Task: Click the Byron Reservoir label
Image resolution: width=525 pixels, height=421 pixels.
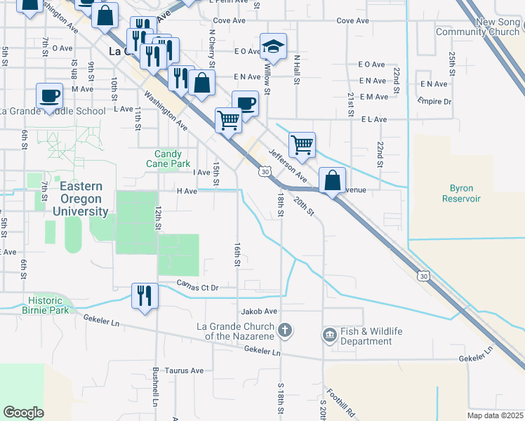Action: point(458,194)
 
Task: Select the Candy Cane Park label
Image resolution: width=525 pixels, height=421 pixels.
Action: point(168,159)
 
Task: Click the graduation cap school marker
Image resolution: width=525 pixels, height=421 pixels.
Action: point(273,46)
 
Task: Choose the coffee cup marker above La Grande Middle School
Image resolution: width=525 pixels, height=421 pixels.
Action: point(50,95)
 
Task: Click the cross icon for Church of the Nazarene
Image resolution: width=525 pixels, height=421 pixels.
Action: point(285,329)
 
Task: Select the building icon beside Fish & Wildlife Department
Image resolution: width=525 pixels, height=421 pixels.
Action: point(329,336)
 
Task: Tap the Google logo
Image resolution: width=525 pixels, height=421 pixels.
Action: point(23,413)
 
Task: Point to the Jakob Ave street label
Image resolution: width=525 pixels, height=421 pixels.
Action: point(260,311)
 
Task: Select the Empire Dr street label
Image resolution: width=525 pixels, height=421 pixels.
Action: point(434,101)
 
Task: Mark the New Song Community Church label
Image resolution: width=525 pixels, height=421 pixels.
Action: point(477,27)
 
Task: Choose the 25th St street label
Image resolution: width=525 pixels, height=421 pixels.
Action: point(453,64)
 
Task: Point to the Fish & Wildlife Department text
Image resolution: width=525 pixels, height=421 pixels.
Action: point(366,336)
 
